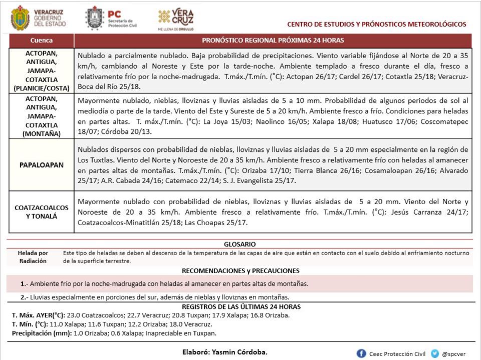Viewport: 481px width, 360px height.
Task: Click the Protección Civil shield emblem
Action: [x=95, y=19]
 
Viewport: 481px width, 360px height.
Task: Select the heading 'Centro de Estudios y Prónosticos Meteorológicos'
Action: [x=377, y=24]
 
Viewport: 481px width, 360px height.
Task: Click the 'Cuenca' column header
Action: [x=41, y=41]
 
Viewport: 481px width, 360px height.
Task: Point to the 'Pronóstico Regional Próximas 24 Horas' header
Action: [x=273, y=41]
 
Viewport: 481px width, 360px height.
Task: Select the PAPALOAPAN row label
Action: [x=41, y=165]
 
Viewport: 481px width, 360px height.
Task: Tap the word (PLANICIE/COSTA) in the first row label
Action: [x=41, y=89]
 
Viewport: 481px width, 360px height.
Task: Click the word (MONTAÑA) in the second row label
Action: [x=41, y=134]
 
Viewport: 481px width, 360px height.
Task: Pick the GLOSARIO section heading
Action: [x=240, y=244]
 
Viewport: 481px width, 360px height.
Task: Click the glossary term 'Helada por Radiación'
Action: [x=33, y=257]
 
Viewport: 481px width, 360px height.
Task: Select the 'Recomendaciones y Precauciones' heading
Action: [x=241, y=270]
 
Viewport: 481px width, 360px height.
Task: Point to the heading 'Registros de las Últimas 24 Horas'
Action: [x=241, y=307]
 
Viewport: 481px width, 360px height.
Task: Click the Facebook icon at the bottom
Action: [x=361, y=353]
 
